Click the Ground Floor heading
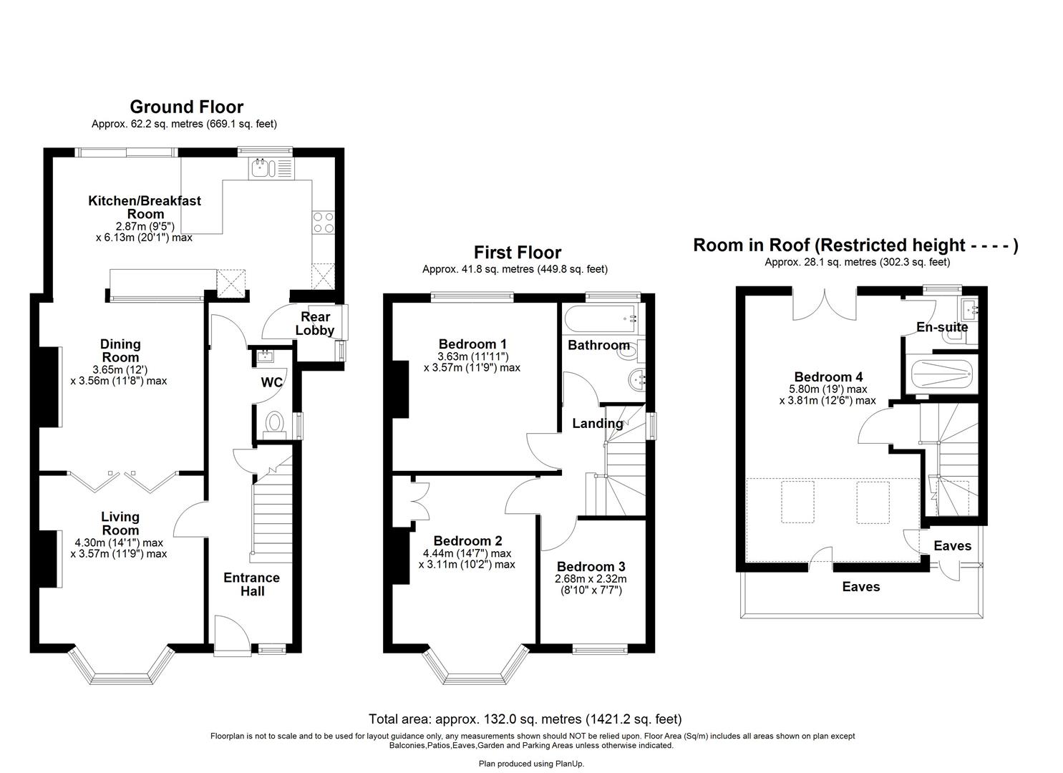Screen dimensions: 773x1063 click(186, 107)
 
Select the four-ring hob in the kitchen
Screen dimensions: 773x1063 click(323, 222)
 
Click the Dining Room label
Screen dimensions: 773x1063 click(120, 351)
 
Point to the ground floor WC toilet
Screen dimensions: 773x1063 click(273, 424)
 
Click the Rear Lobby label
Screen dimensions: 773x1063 click(315, 324)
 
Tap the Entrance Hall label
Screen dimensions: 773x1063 click(251, 584)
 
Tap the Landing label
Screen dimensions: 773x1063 click(597, 423)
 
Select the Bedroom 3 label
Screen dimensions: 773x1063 click(586, 566)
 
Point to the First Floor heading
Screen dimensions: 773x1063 click(517, 253)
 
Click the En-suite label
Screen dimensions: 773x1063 click(942, 327)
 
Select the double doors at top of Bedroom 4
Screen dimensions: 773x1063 click(825, 304)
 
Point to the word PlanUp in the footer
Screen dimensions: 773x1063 click(570, 764)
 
